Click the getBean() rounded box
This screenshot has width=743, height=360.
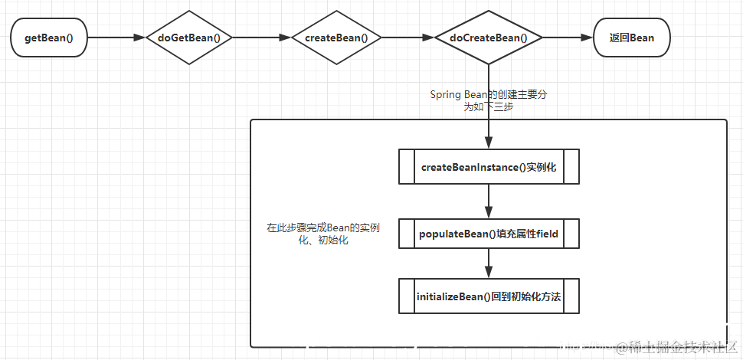[49, 38]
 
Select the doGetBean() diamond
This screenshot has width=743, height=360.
[188, 38]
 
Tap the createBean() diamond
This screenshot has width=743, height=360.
[335, 38]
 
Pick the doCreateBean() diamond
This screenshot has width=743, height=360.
[488, 38]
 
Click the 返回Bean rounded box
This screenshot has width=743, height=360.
[631, 38]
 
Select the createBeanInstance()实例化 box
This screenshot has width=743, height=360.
[488, 167]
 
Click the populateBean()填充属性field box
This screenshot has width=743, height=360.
[488, 234]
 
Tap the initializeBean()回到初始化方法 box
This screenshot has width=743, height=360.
[488, 296]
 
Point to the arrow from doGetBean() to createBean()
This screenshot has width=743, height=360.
[261, 38]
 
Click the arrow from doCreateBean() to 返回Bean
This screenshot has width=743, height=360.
[567, 38]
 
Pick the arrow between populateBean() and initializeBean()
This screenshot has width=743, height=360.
[488, 263]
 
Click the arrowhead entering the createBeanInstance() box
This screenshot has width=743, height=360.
[488, 143]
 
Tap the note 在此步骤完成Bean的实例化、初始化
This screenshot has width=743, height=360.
[322, 234]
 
